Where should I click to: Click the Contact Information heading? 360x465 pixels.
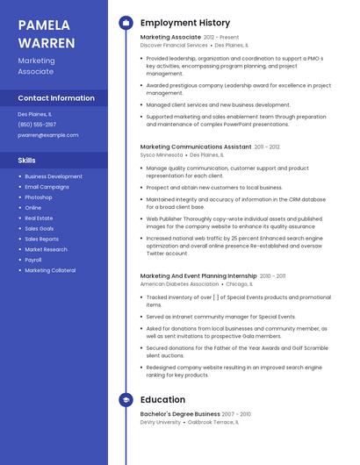point(56,98)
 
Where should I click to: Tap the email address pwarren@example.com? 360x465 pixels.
point(48,135)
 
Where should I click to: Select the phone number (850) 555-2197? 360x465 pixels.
point(37,125)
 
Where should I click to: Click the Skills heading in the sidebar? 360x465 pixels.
point(27,161)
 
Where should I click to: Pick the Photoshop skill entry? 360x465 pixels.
point(40,197)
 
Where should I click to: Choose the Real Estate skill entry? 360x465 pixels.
point(39,218)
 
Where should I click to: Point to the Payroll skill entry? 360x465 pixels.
point(33,260)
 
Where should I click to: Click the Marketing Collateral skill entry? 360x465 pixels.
point(50,270)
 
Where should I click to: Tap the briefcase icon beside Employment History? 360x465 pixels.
point(126,23)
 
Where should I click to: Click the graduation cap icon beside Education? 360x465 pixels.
point(126,400)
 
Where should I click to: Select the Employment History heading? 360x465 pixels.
point(185,23)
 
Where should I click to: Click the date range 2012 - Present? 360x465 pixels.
point(221,38)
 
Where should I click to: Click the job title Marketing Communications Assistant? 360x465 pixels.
point(196,147)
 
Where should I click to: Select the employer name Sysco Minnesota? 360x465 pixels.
point(162,154)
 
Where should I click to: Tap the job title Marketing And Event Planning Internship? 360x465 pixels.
point(198,276)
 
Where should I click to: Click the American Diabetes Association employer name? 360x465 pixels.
point(179,284)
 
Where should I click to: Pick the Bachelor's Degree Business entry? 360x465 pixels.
point(180,414)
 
